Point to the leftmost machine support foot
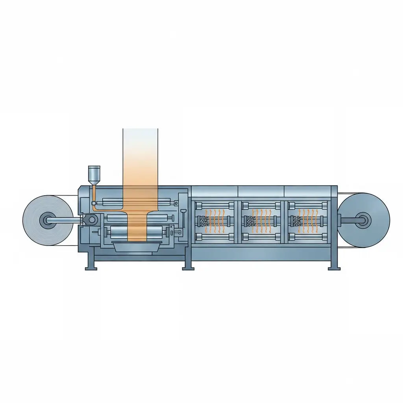click(x=91, y=268)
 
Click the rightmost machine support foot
click(x=334, y=268)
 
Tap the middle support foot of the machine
click(x=188, y=268)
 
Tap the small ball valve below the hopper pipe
click(x=94, y=203)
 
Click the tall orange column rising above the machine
click(x=140, y=157)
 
